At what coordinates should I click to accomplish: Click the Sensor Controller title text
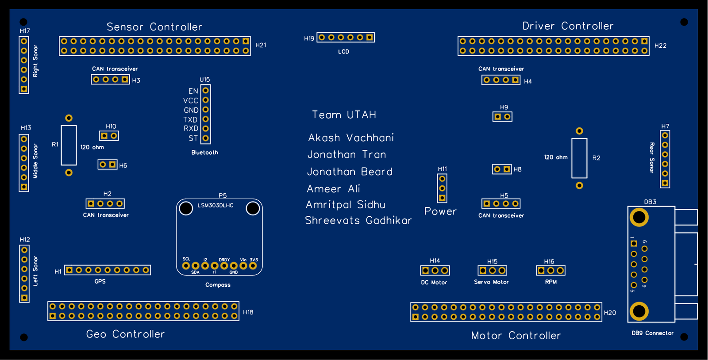154,27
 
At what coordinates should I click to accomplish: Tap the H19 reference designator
309,38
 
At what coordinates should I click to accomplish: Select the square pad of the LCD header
369,38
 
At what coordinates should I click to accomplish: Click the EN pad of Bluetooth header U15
206,91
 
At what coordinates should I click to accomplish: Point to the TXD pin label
190,120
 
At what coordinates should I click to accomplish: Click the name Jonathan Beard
350,172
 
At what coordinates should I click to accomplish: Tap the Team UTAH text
344,115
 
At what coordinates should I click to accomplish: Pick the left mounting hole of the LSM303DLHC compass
186,208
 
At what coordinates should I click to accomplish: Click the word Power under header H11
440,211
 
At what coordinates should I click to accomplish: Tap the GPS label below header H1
100,281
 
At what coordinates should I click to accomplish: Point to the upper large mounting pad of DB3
639,218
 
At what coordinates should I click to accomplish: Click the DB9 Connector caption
652,333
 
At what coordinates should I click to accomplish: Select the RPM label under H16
550,282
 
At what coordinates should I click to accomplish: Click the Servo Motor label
491,282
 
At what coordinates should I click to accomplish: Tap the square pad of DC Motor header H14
425,271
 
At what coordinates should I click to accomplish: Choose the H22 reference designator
660,46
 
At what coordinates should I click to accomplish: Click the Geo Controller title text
126,334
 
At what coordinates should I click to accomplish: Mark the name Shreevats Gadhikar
358,220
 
